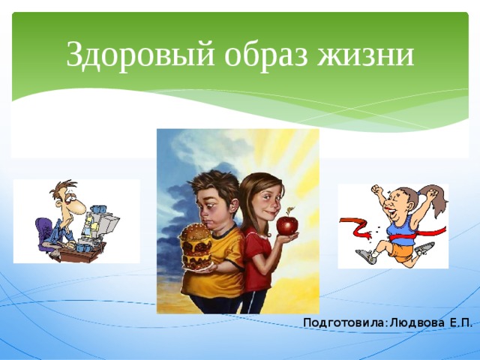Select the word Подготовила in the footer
[343, 323]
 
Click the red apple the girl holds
[286, 224]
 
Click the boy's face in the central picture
[211, 202]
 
